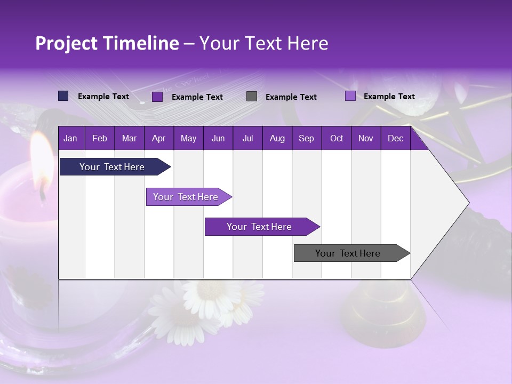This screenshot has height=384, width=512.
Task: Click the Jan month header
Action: click(70, 138)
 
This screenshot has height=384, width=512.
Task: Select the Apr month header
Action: click(158, 138)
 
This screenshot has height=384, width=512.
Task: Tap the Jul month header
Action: click(247, 138)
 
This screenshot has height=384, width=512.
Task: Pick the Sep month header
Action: click(306, 138)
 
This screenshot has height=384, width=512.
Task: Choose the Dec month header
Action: click(395, 138)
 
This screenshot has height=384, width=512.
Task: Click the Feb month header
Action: click(100, 138)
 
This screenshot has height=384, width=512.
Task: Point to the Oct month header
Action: click(337, 138)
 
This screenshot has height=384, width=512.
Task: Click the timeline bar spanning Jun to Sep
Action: click(260, 227)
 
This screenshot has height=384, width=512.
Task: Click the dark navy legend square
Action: click(63, 96)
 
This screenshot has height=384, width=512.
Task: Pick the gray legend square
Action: click(252, 96)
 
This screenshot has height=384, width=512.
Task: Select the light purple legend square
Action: click(350, 96)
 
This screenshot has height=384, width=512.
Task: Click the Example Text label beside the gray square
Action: click(291, 97)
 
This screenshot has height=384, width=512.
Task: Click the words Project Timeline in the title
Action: click(107, 43)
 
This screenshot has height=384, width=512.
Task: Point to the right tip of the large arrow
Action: click(468, 203)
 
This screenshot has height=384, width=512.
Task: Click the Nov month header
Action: click(366, 138)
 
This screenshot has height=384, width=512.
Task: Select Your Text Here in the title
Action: click(264, 43)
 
